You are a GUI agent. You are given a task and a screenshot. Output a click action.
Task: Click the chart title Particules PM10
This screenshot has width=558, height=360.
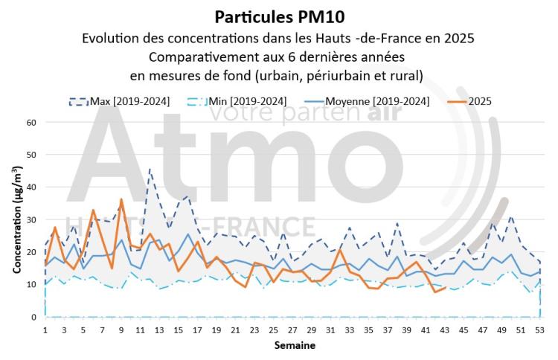(x=279, y=16)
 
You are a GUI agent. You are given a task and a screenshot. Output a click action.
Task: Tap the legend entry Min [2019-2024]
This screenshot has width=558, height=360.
(x=245, y=101)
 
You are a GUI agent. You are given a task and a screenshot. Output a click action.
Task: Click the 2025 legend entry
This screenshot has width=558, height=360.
(x=476, y=101)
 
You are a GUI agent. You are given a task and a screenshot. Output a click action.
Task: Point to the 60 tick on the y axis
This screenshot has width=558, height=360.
(x=31, y=122)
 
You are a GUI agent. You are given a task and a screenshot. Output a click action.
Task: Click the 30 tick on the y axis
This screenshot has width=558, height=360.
(x=31, y=219)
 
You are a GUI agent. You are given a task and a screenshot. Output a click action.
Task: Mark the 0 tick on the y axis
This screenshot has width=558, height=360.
(x=33, y=318)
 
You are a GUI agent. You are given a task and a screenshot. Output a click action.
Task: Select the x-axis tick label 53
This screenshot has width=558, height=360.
(x=539, y=330)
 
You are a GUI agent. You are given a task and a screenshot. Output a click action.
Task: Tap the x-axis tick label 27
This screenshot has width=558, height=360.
(x=292, y=330)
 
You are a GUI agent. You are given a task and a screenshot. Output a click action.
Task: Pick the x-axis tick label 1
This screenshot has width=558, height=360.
(x=45, y=330)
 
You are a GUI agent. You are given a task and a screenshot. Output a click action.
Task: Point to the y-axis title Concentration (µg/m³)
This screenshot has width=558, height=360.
(x=16, y=219)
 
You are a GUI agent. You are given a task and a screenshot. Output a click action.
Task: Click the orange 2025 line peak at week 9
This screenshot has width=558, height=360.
(x=121, y=199)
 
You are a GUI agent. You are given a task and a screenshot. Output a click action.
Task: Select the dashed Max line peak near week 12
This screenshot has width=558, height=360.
(x=150, y=169)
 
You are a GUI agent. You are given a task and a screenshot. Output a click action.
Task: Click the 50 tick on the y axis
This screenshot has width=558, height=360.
(x=31, y=155)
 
